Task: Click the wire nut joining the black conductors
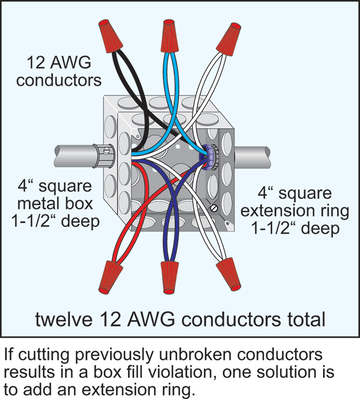tap(111, 35)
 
